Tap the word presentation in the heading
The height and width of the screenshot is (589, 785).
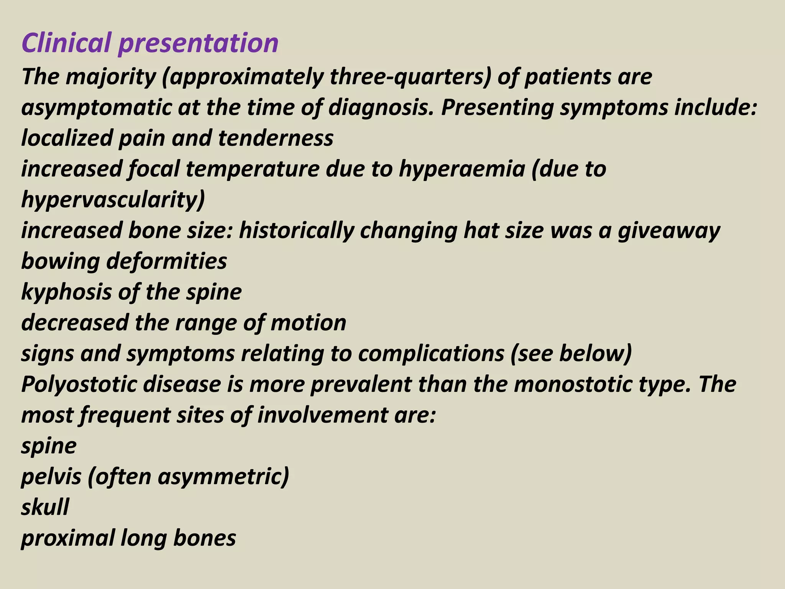198,43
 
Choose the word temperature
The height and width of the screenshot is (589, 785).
253,169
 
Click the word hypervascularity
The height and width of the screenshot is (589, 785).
113,200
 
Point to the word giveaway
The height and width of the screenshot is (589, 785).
669,230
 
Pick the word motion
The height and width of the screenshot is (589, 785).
308,323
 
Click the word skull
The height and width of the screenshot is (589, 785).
45,507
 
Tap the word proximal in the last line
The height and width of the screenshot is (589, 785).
67,538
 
